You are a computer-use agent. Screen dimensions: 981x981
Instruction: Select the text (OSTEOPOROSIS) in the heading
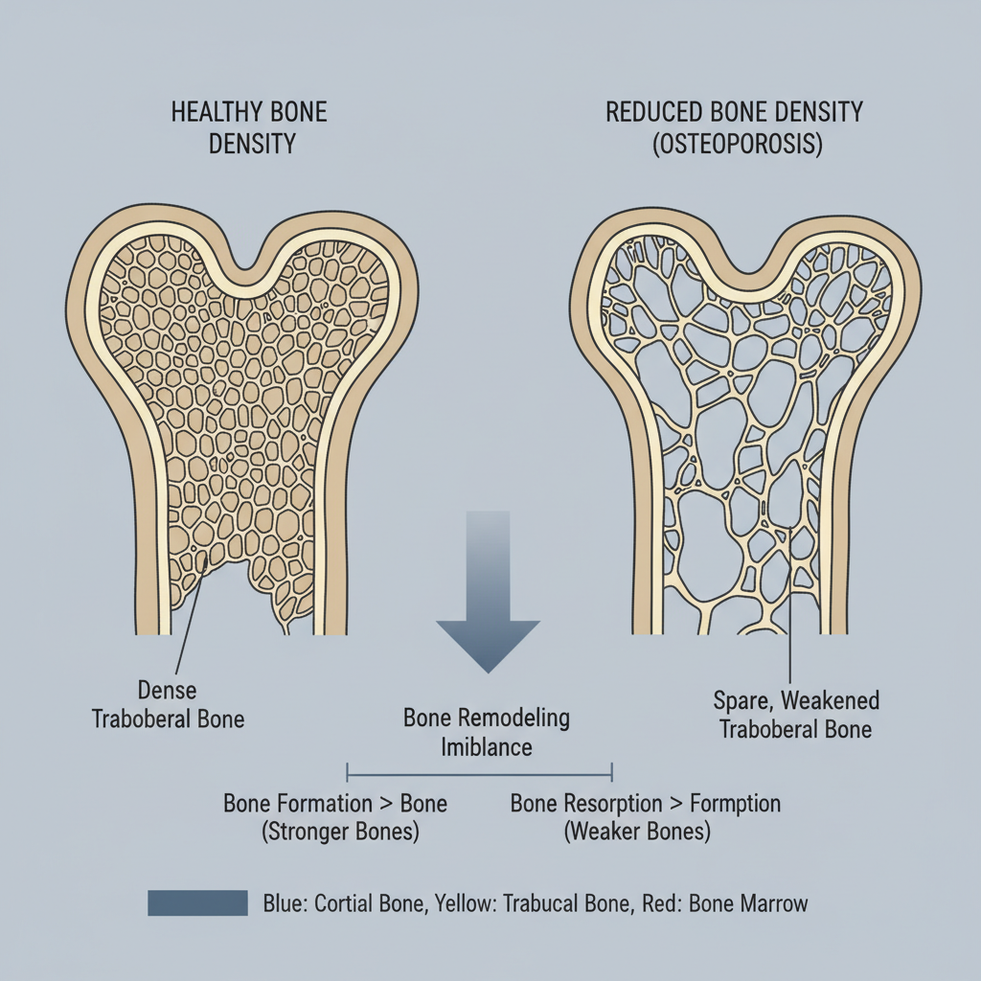(x=735, y=146)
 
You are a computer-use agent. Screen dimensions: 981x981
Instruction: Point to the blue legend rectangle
(x=197, y=902)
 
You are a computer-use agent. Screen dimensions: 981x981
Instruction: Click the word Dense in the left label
(x=168, y=689)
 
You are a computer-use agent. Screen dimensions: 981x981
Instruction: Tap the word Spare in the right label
(x=742, y=700)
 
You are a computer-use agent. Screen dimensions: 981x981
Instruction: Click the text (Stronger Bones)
(x=340, y=832)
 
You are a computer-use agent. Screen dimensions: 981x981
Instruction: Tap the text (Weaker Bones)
(x=637, y=832)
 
